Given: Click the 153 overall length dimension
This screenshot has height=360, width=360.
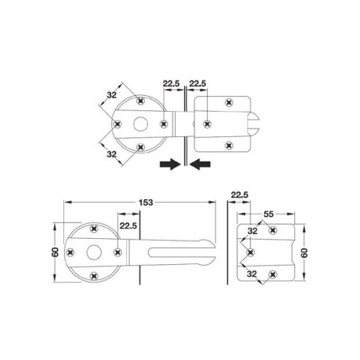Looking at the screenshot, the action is click(146, 202).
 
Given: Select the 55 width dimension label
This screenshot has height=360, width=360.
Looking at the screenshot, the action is click(268, 214).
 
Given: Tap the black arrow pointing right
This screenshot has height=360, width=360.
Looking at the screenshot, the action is click(170, 164).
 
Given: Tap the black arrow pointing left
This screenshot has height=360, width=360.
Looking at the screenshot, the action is click(200, 164).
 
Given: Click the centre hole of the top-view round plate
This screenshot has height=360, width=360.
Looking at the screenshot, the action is click(140, 124).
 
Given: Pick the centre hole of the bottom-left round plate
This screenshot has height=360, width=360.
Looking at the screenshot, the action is click(93, 252).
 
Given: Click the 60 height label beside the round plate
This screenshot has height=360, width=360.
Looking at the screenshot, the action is click(56, 252).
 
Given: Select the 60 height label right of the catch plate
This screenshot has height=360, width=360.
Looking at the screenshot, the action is click(304, 252).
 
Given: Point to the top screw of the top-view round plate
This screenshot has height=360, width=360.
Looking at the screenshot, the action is click(140, 100).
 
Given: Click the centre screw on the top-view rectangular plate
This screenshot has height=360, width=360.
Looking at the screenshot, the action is click(207, 124).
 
